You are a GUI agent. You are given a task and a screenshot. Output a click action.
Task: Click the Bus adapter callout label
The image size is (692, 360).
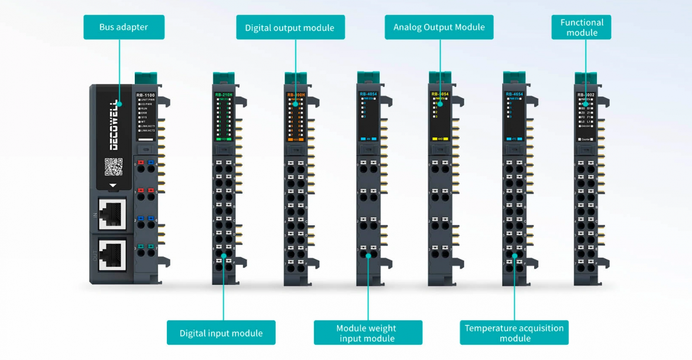[x=124, y=27]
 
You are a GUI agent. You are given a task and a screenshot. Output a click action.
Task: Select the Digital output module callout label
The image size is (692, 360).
[x=290, y=28]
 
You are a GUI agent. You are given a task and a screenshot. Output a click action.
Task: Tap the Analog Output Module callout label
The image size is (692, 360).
[x=439, y=27]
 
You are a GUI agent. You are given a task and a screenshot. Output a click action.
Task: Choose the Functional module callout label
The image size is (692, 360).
[x=582, y=27]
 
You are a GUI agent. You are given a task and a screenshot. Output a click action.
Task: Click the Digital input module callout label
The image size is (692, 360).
[x=221, y=333]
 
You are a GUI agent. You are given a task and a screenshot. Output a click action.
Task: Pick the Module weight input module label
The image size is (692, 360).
[x=367, y=333]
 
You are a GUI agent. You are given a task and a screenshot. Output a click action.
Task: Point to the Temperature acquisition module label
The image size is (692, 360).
[x=514, y=333]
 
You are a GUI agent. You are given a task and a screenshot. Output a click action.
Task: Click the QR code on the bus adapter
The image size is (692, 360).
[x=114, y=167]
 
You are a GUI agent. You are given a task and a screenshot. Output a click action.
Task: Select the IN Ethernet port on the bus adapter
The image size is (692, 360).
[x=112, y=213]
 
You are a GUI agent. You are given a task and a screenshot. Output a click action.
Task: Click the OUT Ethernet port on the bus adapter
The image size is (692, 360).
[x=112, y=254]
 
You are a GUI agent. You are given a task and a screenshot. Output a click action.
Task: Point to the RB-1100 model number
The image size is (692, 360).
[x=145, y=95]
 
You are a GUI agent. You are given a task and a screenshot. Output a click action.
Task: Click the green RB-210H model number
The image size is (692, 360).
[x=224, y=95]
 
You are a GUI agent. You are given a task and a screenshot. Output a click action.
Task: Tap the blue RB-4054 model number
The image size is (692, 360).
[x=368, y=94]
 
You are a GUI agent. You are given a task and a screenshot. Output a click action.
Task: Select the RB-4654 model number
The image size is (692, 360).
[x=514, y=94]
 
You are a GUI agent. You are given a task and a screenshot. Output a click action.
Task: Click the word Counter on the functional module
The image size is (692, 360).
[x=587, y=139]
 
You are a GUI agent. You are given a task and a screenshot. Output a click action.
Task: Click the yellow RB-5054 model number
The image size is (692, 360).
[x=440, y=94]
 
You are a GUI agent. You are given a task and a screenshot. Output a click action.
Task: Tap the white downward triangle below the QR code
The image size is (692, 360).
[x=113, y=185]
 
